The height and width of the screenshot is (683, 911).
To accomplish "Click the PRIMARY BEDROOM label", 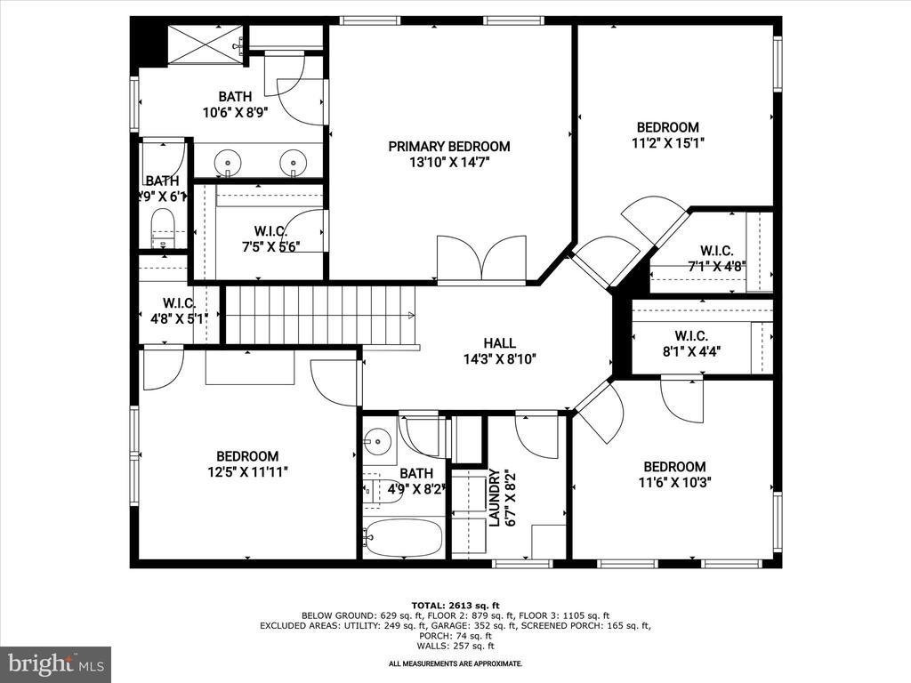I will click(448, 147).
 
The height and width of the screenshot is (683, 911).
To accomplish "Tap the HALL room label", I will click(499, 343).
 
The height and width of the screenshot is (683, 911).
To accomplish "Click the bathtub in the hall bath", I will click(403, 537).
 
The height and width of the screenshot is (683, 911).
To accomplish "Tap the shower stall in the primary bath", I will click(206, 44).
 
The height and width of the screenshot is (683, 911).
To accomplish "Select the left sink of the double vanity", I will click(230, 163).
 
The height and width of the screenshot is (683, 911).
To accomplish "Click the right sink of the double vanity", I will click(293, 163).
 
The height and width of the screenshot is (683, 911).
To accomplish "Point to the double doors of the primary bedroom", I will click(481, 258).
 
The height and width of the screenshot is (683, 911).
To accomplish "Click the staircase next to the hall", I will click(319, 314).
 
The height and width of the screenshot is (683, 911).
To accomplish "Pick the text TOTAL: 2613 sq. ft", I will click(455, 603).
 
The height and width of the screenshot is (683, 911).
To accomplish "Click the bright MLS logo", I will click(55, 663).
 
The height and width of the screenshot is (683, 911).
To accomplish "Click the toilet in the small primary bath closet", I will click(163, 226).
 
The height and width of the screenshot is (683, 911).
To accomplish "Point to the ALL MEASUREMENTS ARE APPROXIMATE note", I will click(455, 663).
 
